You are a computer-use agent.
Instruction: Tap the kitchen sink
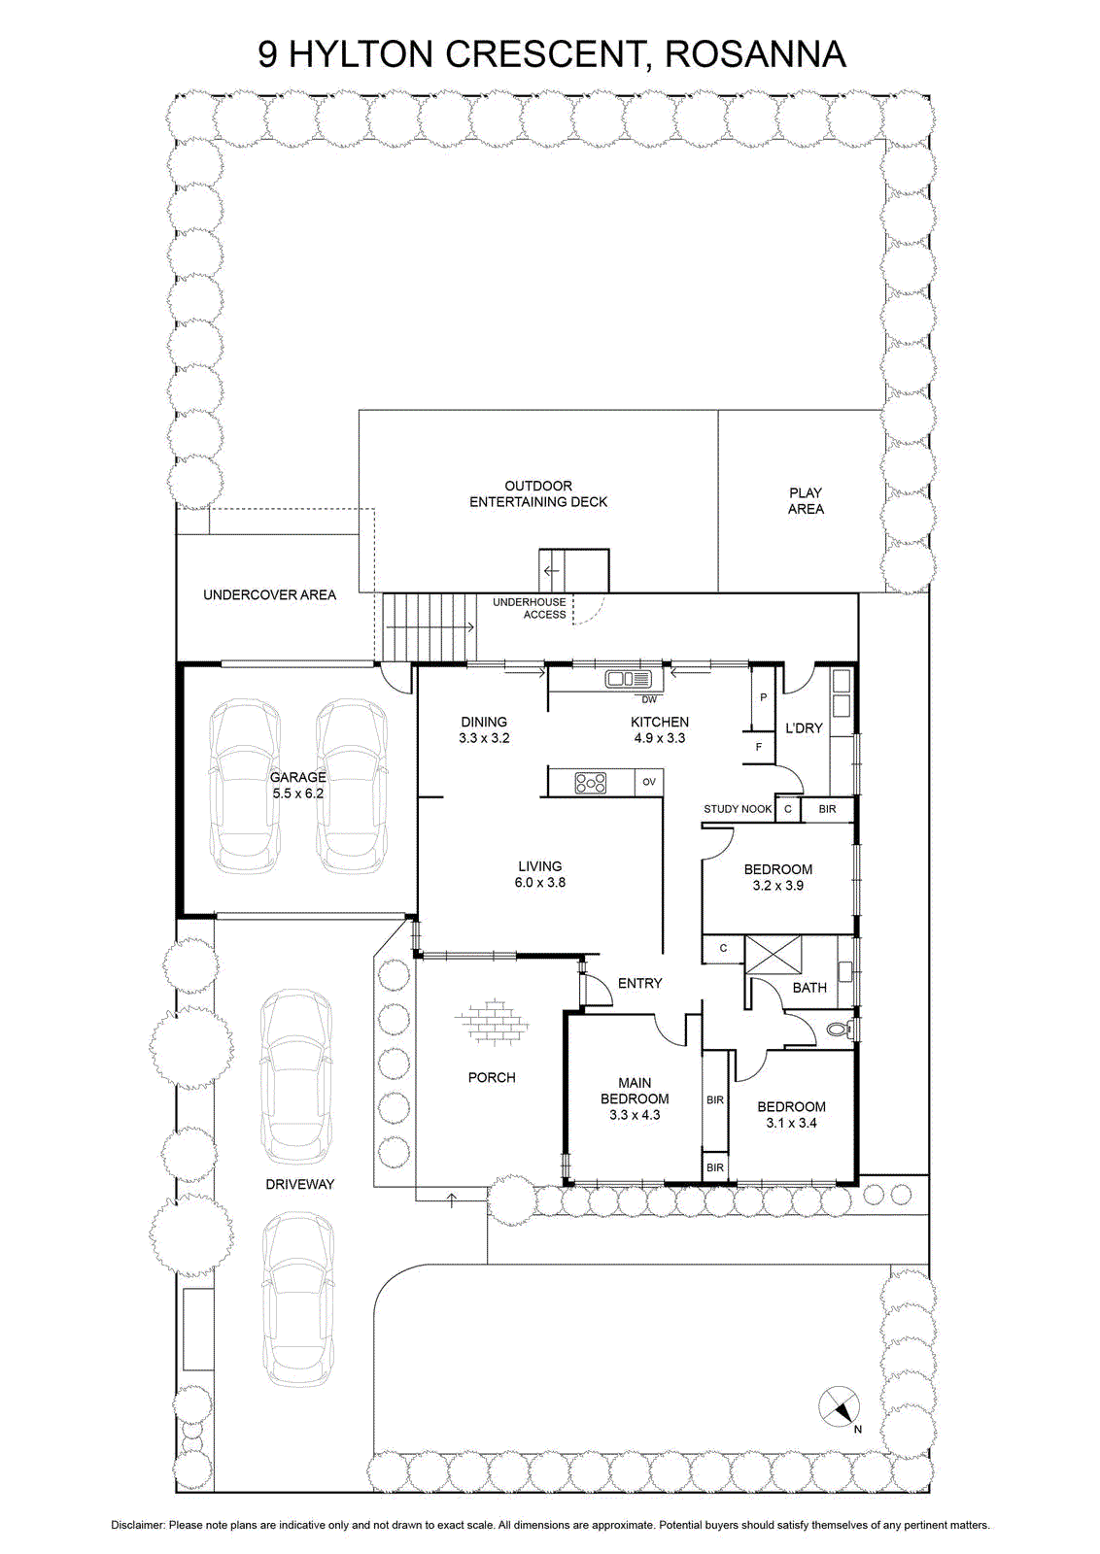(x=629, y=679)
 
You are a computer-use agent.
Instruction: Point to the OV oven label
(x=649, y=782)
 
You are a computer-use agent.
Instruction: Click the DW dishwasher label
(x=649, y=699)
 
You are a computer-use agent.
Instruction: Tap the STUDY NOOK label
(x=738, y=809)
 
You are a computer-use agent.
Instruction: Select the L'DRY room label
(x=804, y=727)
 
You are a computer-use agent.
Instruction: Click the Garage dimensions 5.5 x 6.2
(x=297, y=794)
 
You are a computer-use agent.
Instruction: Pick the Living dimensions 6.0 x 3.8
(x=540, y=883)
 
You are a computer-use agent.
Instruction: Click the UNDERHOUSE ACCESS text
(x=530, y=608)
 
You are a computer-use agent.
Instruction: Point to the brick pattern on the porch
(x=492, y=1022)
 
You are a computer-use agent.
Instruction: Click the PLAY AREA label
(x=806, y=501)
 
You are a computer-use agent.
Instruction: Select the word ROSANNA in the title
(x=756, y=54)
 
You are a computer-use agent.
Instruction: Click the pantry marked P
(x=764, y=697)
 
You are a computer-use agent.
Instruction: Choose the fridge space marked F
(x=759, y=747)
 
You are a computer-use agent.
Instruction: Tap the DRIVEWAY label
(x=300, y=1184)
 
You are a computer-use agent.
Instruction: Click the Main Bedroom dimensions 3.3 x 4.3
(x=635, y=1115)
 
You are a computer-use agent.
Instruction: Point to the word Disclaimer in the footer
(x=138, y=1526)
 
